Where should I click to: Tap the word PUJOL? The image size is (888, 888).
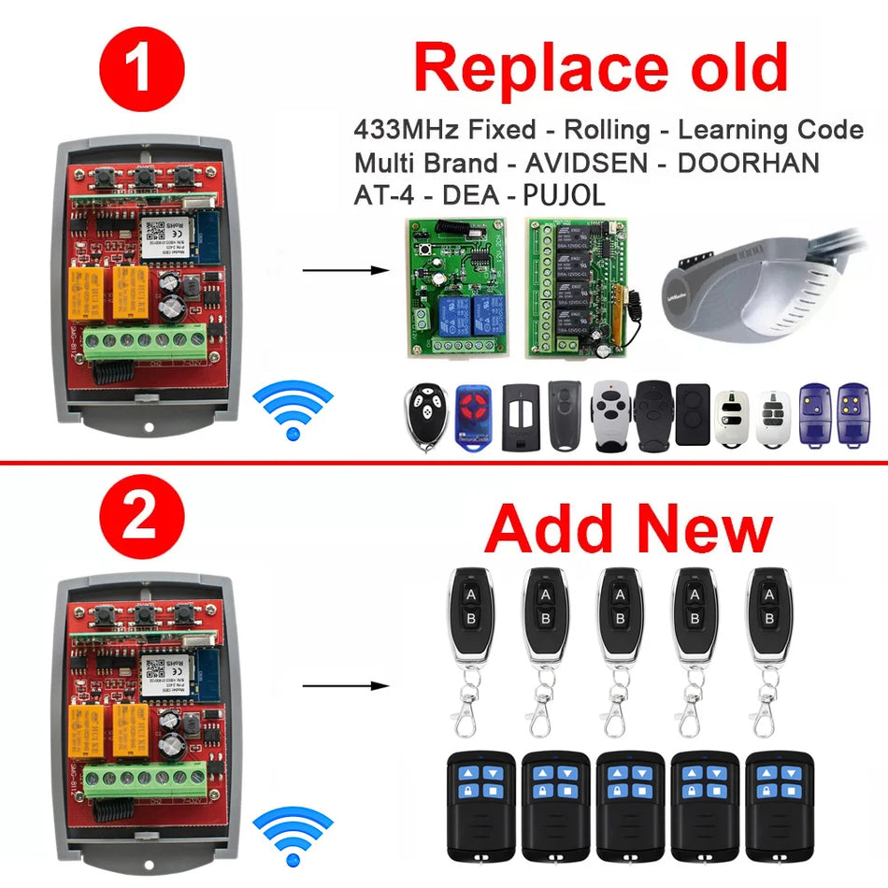558,195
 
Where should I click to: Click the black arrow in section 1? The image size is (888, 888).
345,271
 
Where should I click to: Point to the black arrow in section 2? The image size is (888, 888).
345,685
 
